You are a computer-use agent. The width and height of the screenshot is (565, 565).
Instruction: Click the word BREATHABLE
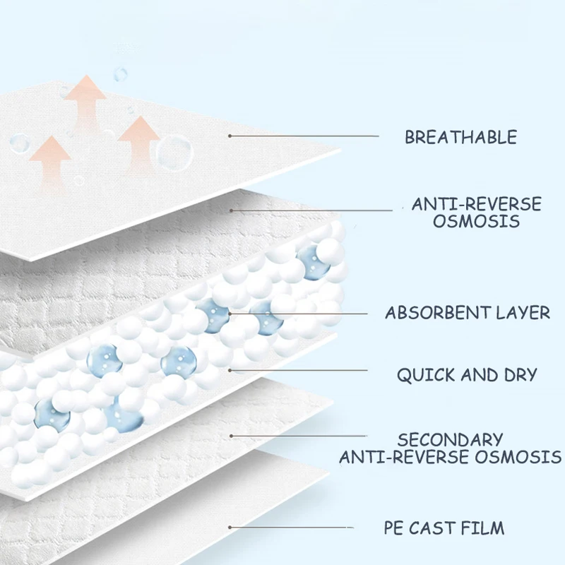click(x=460, y=137)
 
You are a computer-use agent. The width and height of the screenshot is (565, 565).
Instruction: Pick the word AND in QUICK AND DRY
click(x=477, y=375)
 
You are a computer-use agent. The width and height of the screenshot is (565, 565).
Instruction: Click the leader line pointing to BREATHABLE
click(x=304, y=136)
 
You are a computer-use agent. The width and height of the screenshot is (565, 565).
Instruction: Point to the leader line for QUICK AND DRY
click(x=297, y=369)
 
